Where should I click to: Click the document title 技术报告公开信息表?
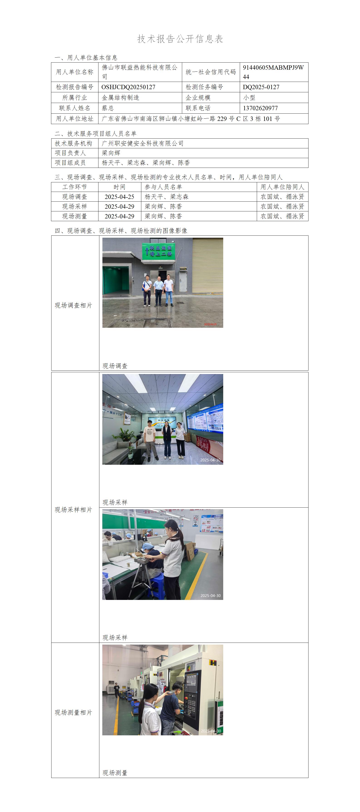[180, 39]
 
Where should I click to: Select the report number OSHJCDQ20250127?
[128, 87]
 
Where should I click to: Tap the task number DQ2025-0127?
[261, 87]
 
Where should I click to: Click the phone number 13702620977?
[260, 108]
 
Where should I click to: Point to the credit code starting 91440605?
[273, 72]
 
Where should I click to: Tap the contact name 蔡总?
[108, 108]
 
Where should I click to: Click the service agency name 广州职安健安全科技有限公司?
[142, 143]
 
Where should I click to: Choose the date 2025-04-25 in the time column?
[120, 197]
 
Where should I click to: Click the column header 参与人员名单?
[163, 187]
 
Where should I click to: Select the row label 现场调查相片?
[73, 305]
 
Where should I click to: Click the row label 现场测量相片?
[73, 712]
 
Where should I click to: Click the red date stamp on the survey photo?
[210, 324]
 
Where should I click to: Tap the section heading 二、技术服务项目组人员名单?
[96, 133]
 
